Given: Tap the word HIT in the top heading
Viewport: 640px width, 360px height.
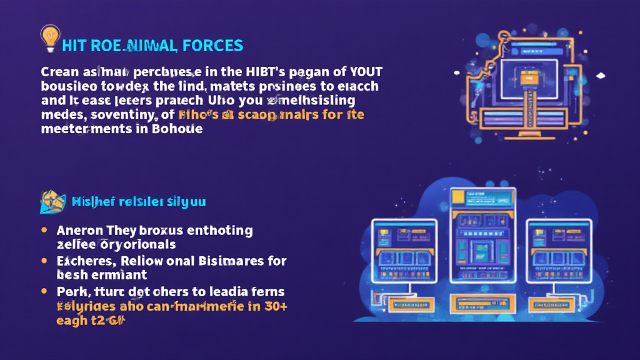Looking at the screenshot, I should click(x=74, y=45).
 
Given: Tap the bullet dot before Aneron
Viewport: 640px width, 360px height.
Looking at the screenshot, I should click(x=44, y=230).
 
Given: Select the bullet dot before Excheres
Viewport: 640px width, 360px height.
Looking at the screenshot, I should click(x=44, y=260).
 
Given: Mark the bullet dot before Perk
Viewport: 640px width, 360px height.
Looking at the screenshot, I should click(x=44, y=291).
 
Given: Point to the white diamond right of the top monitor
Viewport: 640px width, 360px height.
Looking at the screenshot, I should click(x=601, y=76).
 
